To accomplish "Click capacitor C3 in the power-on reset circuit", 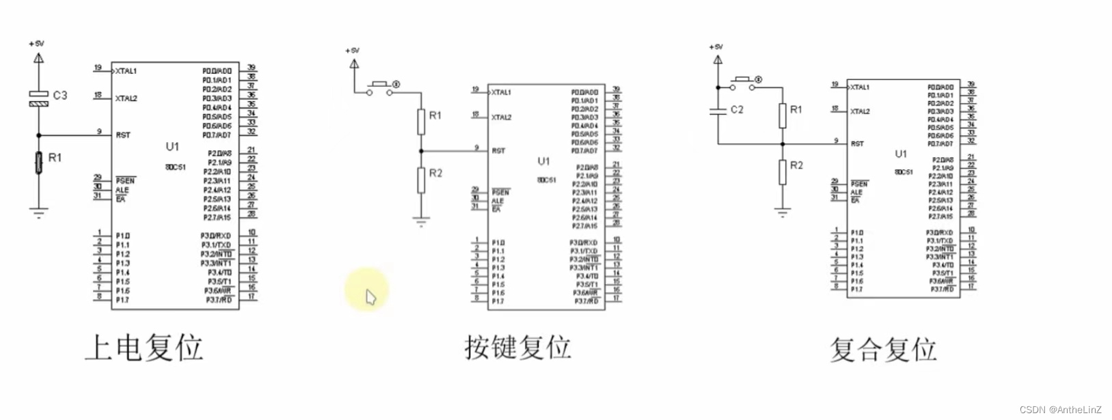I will click(39, 98).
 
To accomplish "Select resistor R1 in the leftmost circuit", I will click(39, 163).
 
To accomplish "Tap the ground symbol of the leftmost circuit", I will click(39, 212).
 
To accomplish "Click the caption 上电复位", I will click(144, 347).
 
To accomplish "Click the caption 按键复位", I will click(517, 347).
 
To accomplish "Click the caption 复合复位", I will click(882, 349).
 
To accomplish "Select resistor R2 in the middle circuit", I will click(422, 180).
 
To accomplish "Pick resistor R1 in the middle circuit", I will click(422, 122).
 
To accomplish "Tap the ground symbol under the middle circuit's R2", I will click(422, 221).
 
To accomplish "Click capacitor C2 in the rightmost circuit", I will click(718, 111).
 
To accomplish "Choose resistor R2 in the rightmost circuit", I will click(783, 171).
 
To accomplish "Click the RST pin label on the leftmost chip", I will click(123, 135).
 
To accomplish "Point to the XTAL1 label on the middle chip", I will click(501, 92).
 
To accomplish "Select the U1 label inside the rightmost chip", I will click(901, 154).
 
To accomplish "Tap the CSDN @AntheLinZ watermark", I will click(1060, 410).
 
